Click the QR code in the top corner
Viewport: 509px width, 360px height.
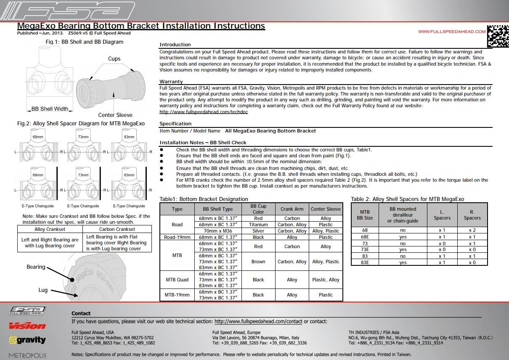[x=498, y=36]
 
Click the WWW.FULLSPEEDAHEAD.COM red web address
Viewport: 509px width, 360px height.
[x=452, y=32]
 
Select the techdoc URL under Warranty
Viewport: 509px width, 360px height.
[x=204, y=112]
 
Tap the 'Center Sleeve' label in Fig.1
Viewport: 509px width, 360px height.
[x=115, y=115]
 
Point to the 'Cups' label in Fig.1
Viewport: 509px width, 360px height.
[x=114, y=59]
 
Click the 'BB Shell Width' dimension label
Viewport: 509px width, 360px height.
[x=50, y=109]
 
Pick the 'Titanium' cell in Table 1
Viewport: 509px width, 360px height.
[x=258, y=225]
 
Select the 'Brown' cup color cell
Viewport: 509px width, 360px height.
[x=258, y=262]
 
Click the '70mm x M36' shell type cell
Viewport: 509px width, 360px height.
[x=218, y=231]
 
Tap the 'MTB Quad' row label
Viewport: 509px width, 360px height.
[x=177, y=280]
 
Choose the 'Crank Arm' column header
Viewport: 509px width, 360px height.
[x=292, y=209]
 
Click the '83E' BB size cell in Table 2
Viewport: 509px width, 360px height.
[x=365, y=262]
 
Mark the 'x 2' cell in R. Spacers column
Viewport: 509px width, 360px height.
[x=472, y=230]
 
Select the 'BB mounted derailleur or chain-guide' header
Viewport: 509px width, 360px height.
[x=403, y=215]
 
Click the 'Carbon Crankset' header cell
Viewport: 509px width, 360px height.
[x=117, y=229]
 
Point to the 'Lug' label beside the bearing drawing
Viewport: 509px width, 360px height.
[x=43, y=290]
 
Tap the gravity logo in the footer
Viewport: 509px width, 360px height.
[x=28, y=340]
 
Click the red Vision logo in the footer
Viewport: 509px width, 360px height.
[x=27, y=326]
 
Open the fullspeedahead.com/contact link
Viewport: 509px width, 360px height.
[x=258, y=321]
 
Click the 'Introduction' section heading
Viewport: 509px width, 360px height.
[x=175, y=45]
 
